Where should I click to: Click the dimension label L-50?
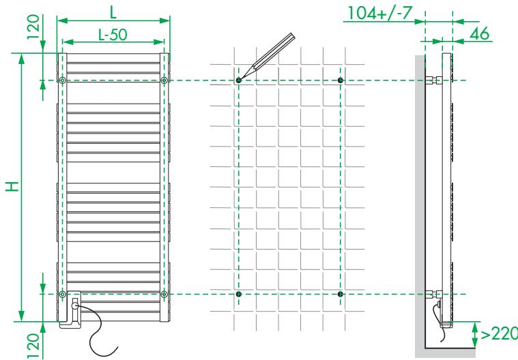coord(113,34)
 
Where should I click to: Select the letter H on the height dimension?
coord(12,186)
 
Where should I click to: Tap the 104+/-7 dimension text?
coord(380,13)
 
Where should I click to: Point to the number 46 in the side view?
coord(479,33)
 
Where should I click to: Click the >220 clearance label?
coord(499,333)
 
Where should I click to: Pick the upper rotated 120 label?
coord(33,27)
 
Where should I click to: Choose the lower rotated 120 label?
coord(33,346)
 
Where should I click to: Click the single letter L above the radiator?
coord(113,12)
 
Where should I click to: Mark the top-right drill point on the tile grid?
coord(341,80)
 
